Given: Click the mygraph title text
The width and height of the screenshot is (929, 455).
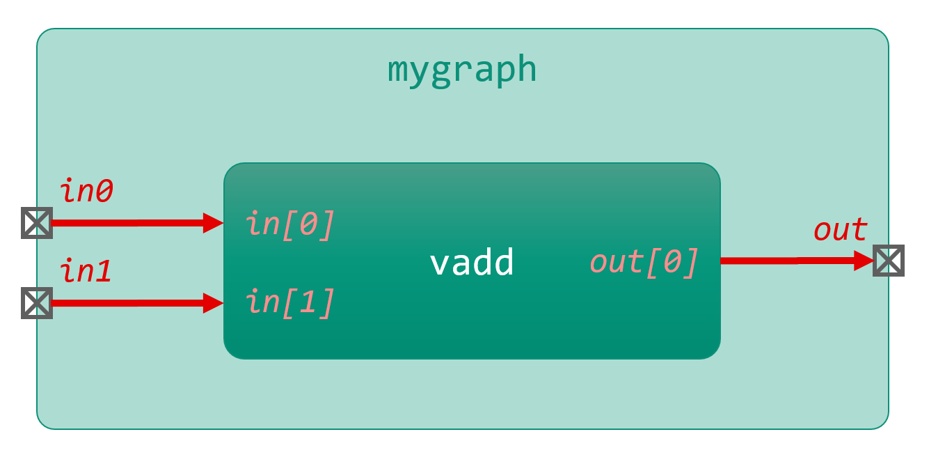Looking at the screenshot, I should (462, 70).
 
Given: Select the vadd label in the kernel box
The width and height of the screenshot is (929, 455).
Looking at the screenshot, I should (472, 263).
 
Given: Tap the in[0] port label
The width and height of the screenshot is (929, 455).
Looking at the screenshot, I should (290, 224).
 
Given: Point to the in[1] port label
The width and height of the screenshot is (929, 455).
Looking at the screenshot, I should (290, 302).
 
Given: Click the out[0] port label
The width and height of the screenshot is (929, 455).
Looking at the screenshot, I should (644, 263).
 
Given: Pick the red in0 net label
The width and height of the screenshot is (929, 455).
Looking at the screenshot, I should (87, 191).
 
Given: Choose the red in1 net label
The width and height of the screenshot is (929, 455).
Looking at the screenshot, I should (87, 270).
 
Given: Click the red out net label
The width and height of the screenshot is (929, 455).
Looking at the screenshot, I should (841, 230).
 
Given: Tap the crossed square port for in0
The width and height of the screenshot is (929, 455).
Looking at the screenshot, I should (36, 223).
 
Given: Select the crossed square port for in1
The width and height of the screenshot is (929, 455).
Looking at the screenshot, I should (36, 303).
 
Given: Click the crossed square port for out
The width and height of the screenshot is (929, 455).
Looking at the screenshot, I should (889, 261).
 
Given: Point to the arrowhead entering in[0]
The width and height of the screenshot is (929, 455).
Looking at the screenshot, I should (213, 223).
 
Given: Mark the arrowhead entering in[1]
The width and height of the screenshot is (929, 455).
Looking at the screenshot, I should (213, 303).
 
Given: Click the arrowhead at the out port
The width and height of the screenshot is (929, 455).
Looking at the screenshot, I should (864, 261).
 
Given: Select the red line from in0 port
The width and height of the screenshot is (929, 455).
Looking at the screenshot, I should (125, 223).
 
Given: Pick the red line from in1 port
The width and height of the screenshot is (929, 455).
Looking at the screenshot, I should (125, 303).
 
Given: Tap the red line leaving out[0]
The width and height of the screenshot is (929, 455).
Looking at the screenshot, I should (786, 261).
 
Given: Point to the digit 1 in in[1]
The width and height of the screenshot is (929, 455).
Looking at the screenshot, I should (308, 302).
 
